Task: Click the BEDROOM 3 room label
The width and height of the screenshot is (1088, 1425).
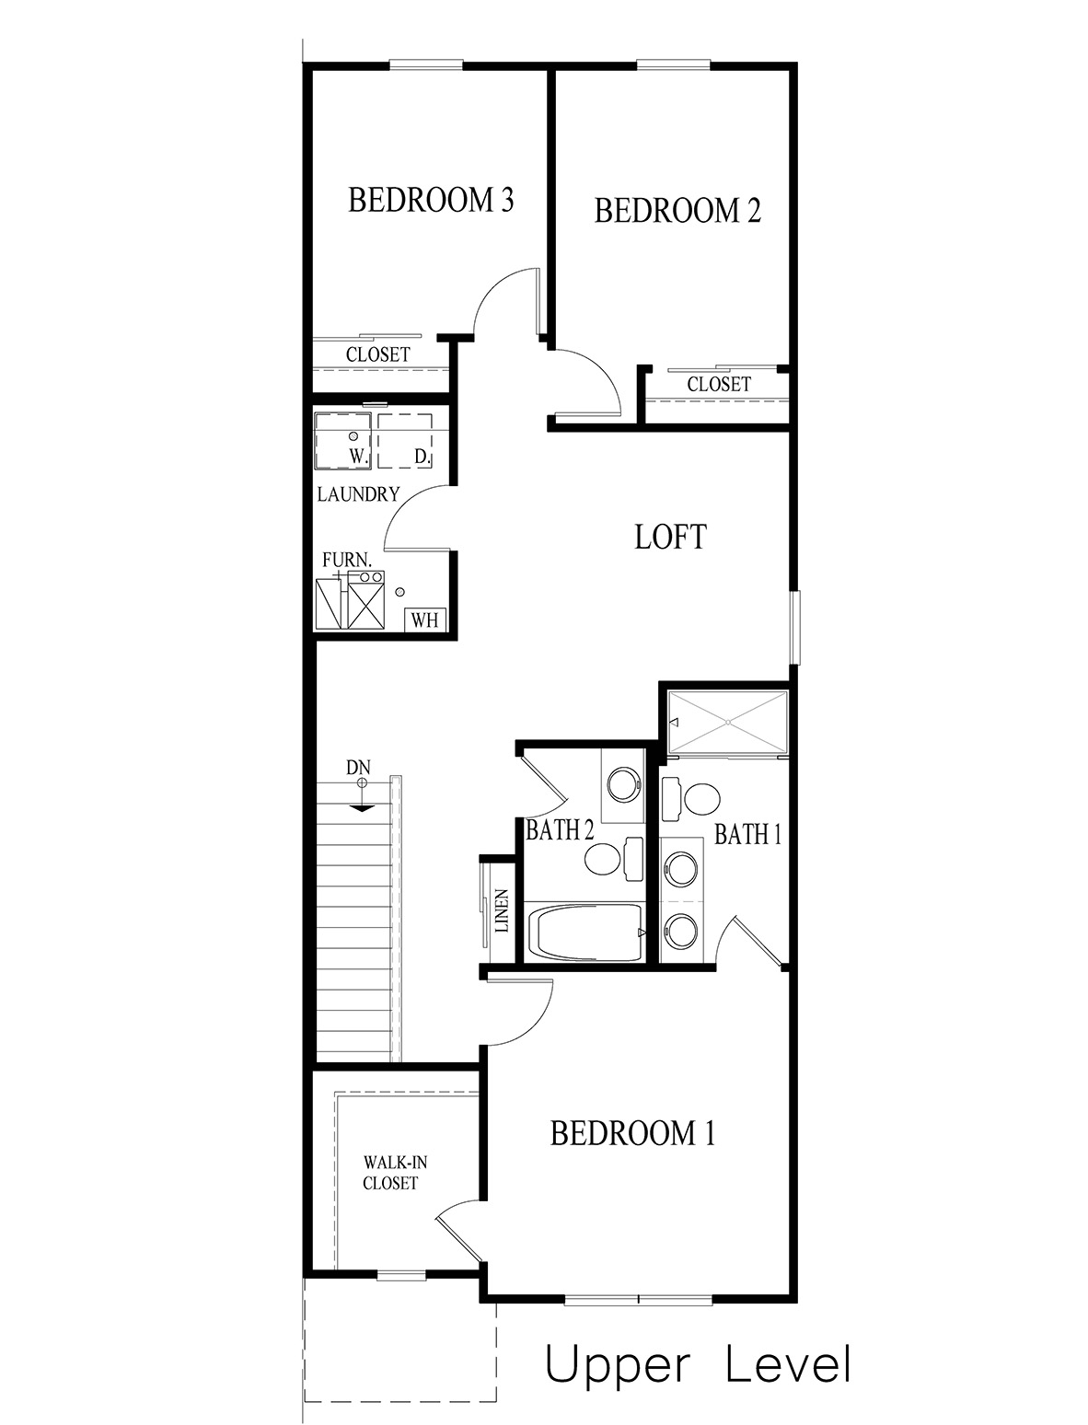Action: tap(430, 200)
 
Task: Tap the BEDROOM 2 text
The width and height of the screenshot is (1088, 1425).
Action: tap(677, 211)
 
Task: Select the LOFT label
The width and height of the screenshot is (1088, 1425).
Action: tap(670, 537)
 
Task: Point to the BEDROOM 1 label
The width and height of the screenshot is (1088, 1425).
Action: tap(632, 1133)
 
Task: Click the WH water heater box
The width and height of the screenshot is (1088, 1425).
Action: tap(424, 619)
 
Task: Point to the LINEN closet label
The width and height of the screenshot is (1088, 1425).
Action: tap(502, 911)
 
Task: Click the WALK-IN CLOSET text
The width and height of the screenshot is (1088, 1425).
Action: tap(390, 1173)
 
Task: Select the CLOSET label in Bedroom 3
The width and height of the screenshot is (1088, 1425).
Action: tap(377, 354)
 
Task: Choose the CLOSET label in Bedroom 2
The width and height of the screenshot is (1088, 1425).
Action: tap(718, 384)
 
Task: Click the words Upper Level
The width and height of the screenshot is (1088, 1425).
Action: tap(697, 1365)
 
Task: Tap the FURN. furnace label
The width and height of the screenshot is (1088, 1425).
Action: tap(347, 559)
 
